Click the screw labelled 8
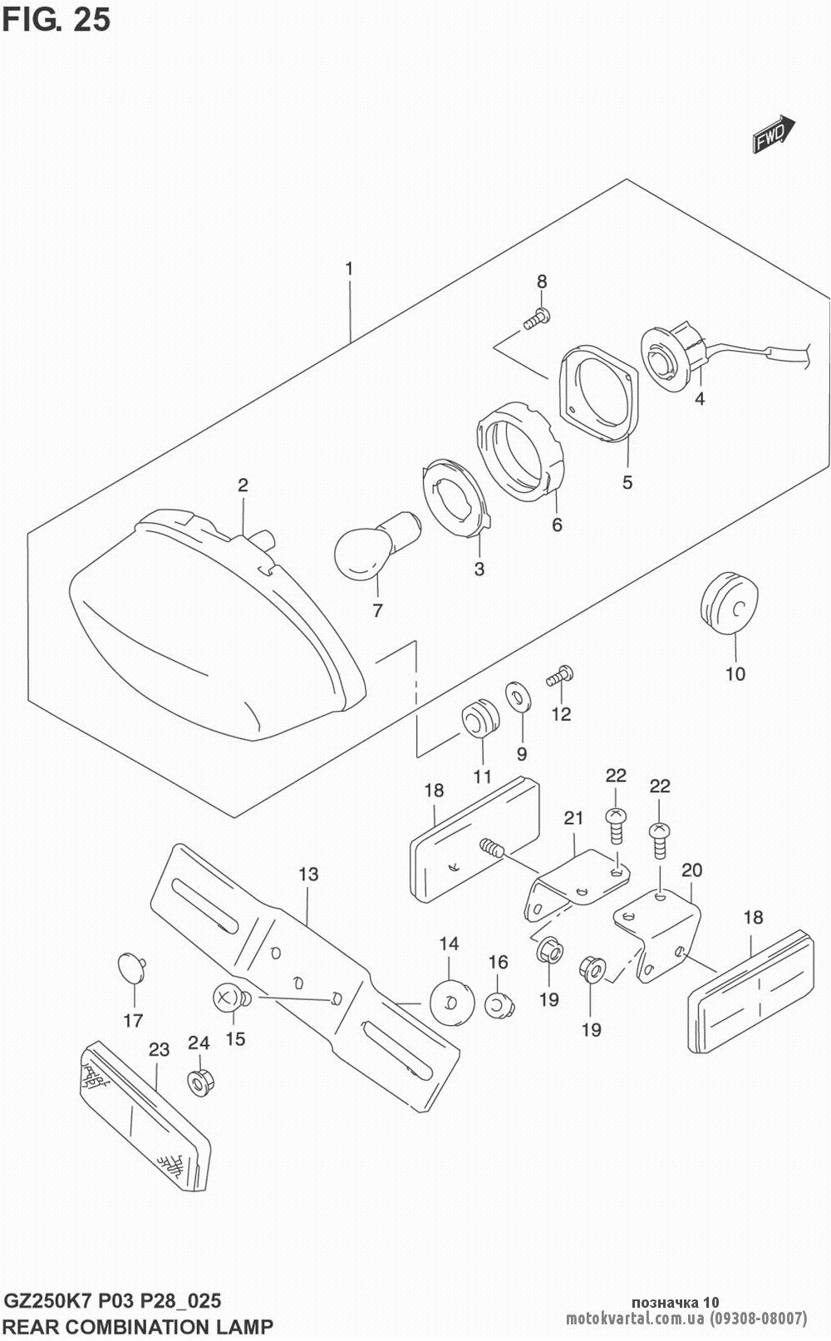tap(536, 318)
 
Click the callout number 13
tap(308, 874)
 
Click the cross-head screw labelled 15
tap(229, 997)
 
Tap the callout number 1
tap(350, 269)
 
